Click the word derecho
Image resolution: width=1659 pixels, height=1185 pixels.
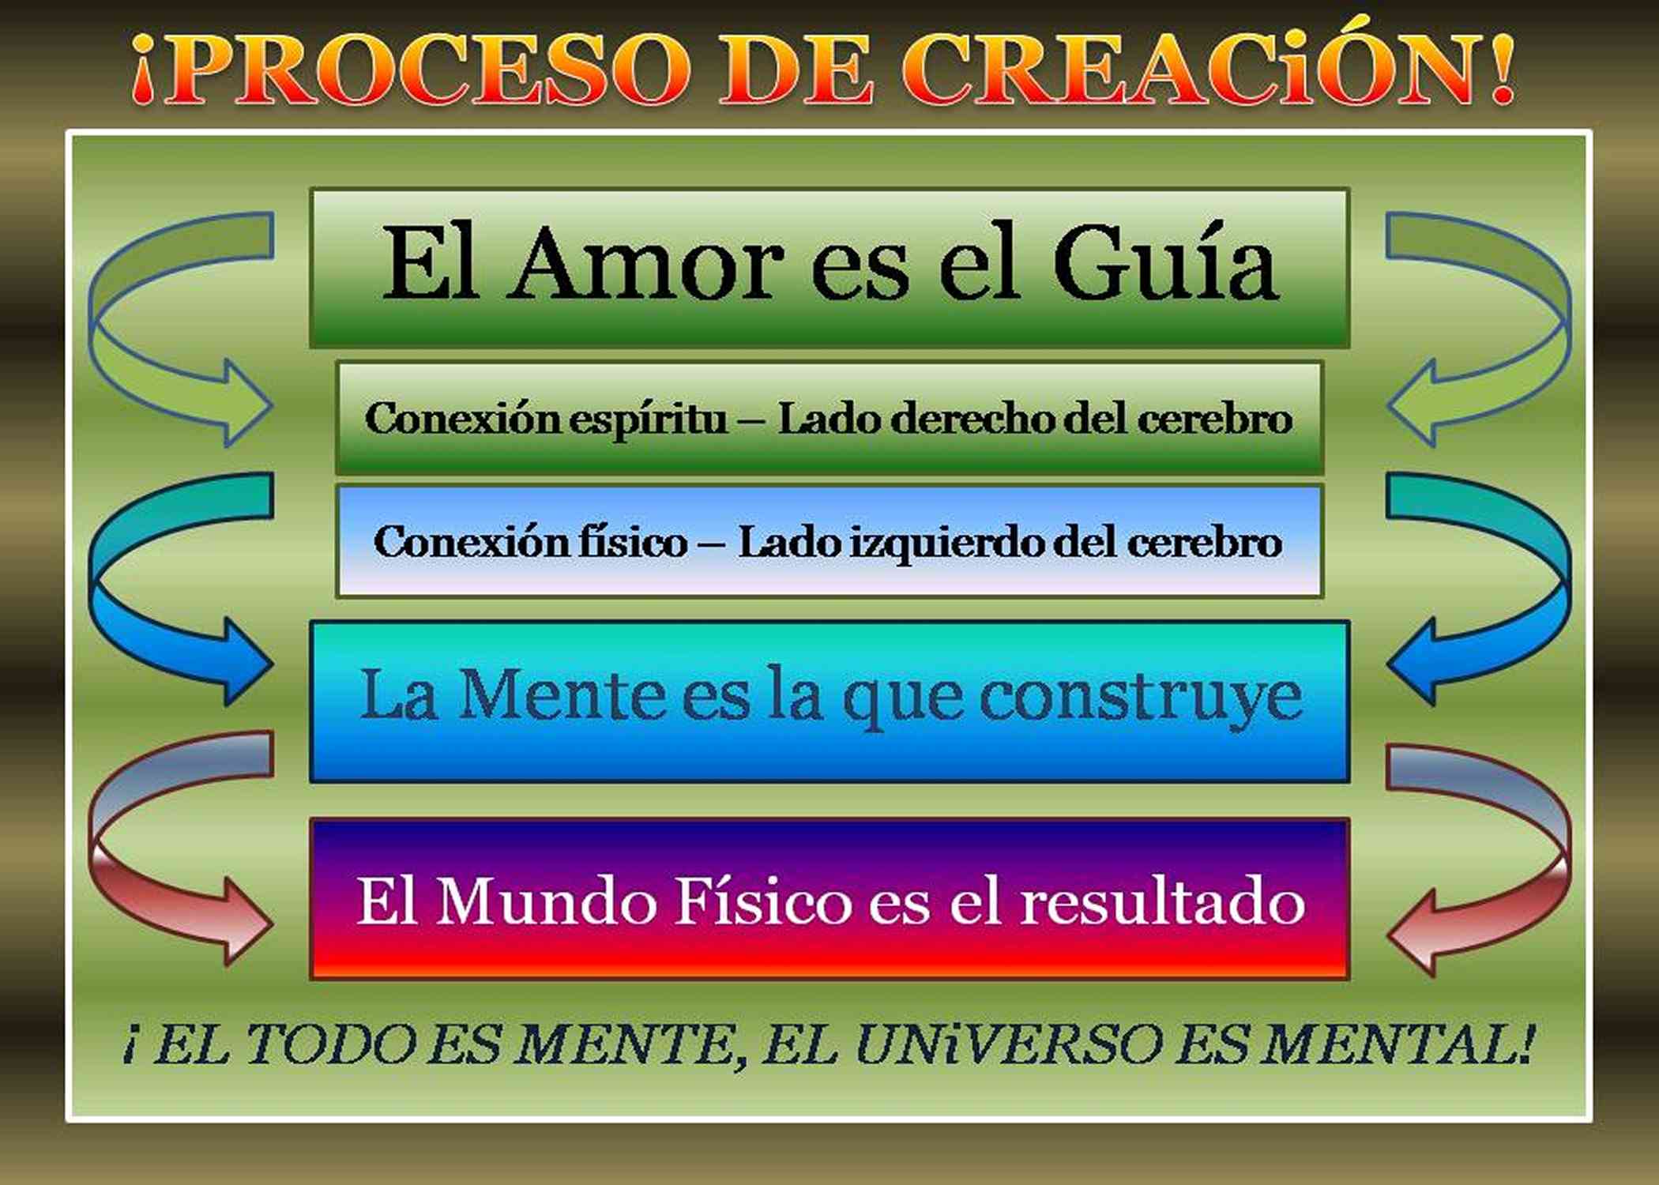(972, 418)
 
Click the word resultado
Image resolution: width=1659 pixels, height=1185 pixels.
(1162, 901)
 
